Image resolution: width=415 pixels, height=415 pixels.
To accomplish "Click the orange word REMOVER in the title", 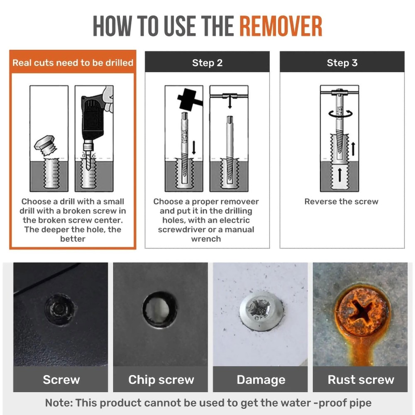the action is pos(281,26).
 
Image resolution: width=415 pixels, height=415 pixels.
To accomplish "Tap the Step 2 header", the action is pos(207,63).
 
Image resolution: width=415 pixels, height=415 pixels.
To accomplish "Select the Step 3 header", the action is pos(342,63).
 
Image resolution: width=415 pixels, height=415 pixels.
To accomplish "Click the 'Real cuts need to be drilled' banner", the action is pos(73,63).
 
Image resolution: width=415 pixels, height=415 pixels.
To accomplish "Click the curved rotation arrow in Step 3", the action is pos(340,114).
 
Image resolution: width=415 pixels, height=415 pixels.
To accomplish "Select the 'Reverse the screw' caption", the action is pos(341,201).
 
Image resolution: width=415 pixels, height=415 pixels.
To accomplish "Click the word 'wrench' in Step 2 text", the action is pos(206,239).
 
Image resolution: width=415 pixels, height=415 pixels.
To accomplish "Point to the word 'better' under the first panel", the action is pos(73,239).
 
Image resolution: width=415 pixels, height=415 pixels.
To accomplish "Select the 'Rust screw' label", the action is pos(361,380).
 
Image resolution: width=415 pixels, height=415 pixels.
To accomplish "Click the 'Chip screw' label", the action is pos(161,380).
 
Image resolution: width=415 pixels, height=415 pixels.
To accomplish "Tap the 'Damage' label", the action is pos(261,380).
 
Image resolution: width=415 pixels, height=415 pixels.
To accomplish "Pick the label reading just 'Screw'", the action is pos(61,380).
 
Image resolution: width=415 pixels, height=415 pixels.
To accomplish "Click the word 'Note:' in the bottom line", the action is pos(59,403).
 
